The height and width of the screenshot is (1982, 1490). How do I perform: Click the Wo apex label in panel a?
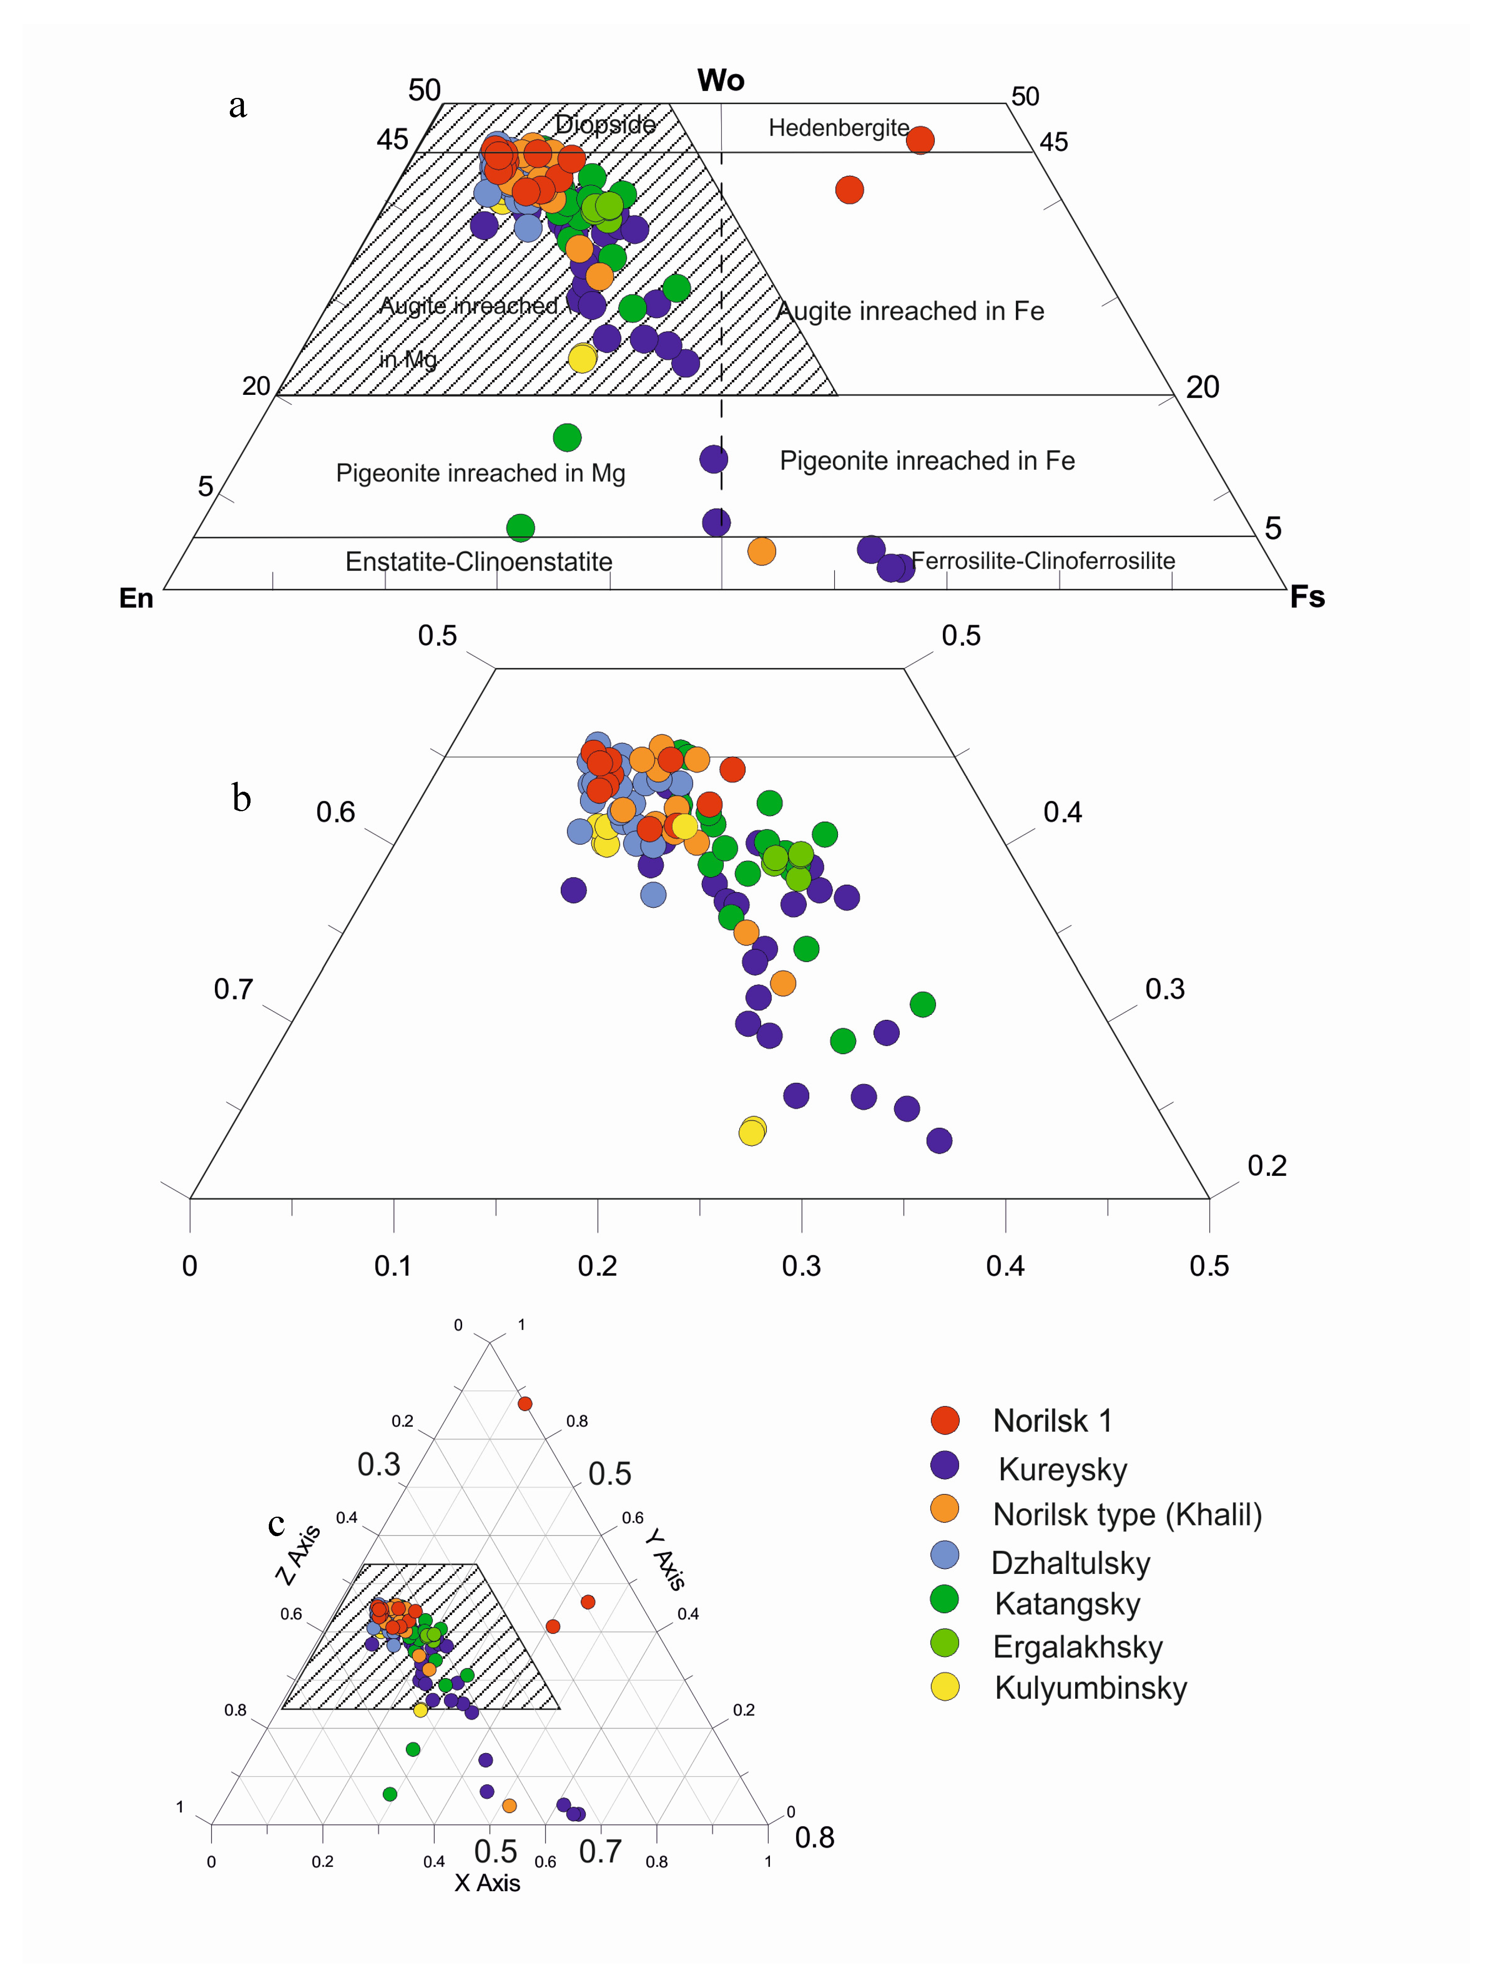(721, 80)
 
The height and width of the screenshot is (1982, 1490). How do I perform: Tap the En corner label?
(136, 598)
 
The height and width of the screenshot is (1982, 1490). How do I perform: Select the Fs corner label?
(1306, 597)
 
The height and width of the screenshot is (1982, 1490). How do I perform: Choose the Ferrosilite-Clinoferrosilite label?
(1043, 561)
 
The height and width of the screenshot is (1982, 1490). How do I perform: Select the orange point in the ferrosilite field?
(761, 551)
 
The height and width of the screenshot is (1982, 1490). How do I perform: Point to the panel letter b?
(241, 798)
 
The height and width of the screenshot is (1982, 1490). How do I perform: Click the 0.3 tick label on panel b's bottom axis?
(801, 1266)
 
